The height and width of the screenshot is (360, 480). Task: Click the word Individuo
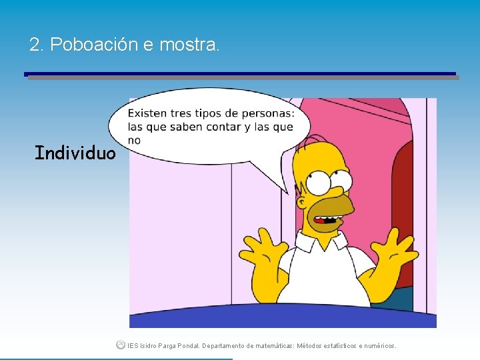coord(75,153)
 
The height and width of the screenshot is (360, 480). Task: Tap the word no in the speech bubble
coord(134,140)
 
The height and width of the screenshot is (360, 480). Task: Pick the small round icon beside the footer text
coord(120,345)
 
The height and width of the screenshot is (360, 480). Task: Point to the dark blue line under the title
coord(240,74)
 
